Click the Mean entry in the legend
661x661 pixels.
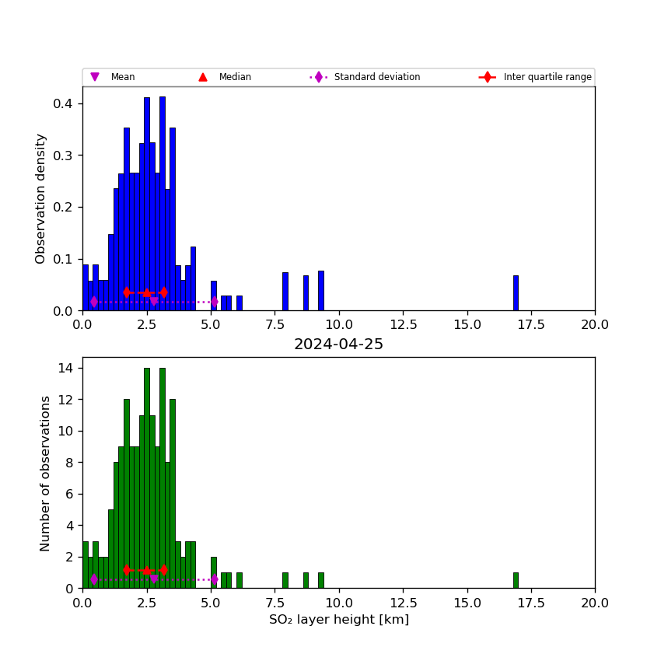123,77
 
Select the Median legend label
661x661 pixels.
235,77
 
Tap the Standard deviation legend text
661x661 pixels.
377,77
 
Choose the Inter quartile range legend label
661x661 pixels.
547,77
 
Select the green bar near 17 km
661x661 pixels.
516,580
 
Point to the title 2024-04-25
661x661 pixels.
338,344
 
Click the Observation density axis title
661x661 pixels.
41,198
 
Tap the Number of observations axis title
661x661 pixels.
46,473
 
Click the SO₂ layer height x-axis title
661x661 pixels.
338,620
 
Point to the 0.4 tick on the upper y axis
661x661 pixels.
67,103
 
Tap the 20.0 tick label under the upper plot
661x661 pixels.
595,324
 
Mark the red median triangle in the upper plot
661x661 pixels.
146,292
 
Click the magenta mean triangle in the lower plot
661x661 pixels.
154,579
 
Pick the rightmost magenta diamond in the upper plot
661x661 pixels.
215,302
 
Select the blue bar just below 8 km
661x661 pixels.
285,292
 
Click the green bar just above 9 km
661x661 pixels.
320,580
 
